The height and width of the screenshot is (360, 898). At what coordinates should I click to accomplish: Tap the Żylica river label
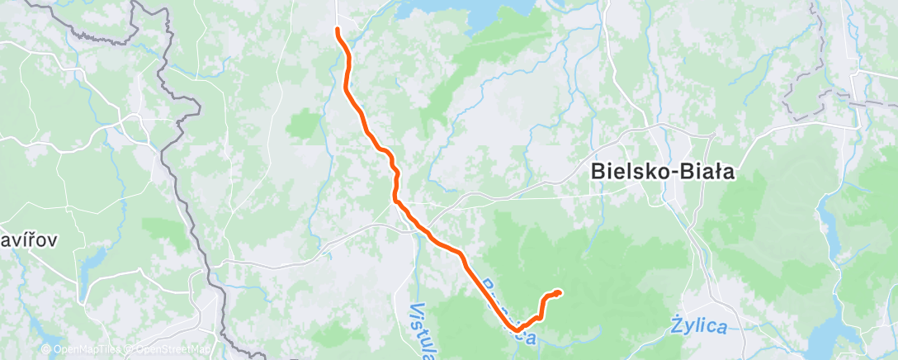697,327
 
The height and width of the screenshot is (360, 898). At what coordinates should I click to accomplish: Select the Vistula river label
421,326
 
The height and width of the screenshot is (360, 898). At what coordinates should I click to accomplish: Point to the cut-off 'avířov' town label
29,240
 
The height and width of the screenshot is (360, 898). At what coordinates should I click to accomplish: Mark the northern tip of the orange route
338,31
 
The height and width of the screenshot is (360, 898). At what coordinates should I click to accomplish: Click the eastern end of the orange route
560,292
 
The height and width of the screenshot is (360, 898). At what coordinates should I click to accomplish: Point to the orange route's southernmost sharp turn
517,329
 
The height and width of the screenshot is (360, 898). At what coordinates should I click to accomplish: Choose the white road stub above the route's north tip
338,12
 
